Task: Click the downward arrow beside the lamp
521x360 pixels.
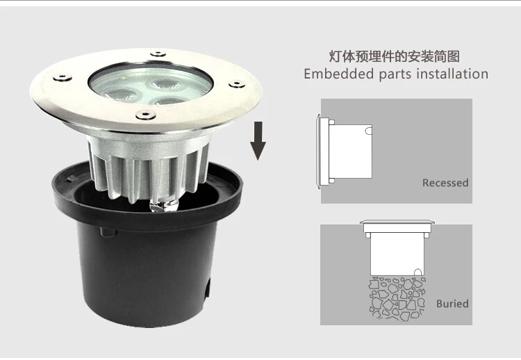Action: click(258, 140)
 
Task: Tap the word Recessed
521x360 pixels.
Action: click(445, 183)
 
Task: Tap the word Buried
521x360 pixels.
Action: click(452, 304)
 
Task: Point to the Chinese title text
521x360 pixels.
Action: click(395, 56)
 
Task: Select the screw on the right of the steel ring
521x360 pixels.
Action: click(236, 84)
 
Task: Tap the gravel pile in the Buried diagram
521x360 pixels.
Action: click(395, 295)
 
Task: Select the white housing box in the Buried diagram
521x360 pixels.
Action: click(395, 254)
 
